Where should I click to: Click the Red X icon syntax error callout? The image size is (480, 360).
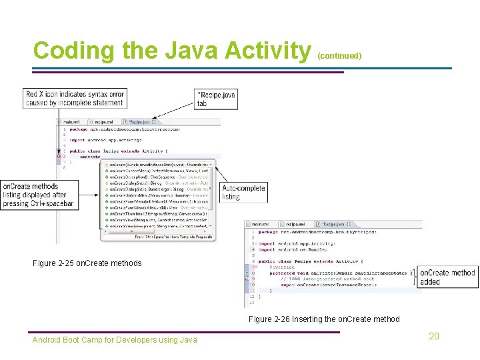75,98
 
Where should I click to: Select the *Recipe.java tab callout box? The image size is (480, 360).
215,99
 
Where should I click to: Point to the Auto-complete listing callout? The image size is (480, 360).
243,193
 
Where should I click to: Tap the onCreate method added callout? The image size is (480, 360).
447,277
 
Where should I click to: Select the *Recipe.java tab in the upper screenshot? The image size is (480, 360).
141,123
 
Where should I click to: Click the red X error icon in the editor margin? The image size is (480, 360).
58,156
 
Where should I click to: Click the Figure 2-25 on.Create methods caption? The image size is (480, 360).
87,263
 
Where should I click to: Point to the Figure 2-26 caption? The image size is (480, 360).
324,319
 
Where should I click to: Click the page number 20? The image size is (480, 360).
433,336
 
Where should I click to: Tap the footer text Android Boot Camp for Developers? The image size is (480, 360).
115,340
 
